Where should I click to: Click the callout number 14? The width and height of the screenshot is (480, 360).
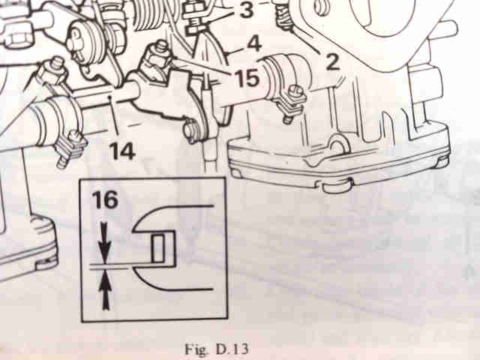122,151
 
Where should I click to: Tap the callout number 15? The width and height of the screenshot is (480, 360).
247,78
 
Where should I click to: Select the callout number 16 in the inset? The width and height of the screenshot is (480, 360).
105,200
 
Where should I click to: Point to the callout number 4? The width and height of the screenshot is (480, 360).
254,44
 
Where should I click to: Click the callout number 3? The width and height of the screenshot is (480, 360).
247,9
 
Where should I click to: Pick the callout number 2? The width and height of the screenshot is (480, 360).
332,61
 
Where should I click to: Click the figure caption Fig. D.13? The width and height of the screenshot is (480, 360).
217,349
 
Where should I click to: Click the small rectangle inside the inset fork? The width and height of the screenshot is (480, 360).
158,247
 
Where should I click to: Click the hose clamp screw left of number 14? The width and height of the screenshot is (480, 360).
70,148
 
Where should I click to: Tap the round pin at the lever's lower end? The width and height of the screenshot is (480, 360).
192,132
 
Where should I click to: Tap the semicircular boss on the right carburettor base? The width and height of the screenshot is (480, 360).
337,144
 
